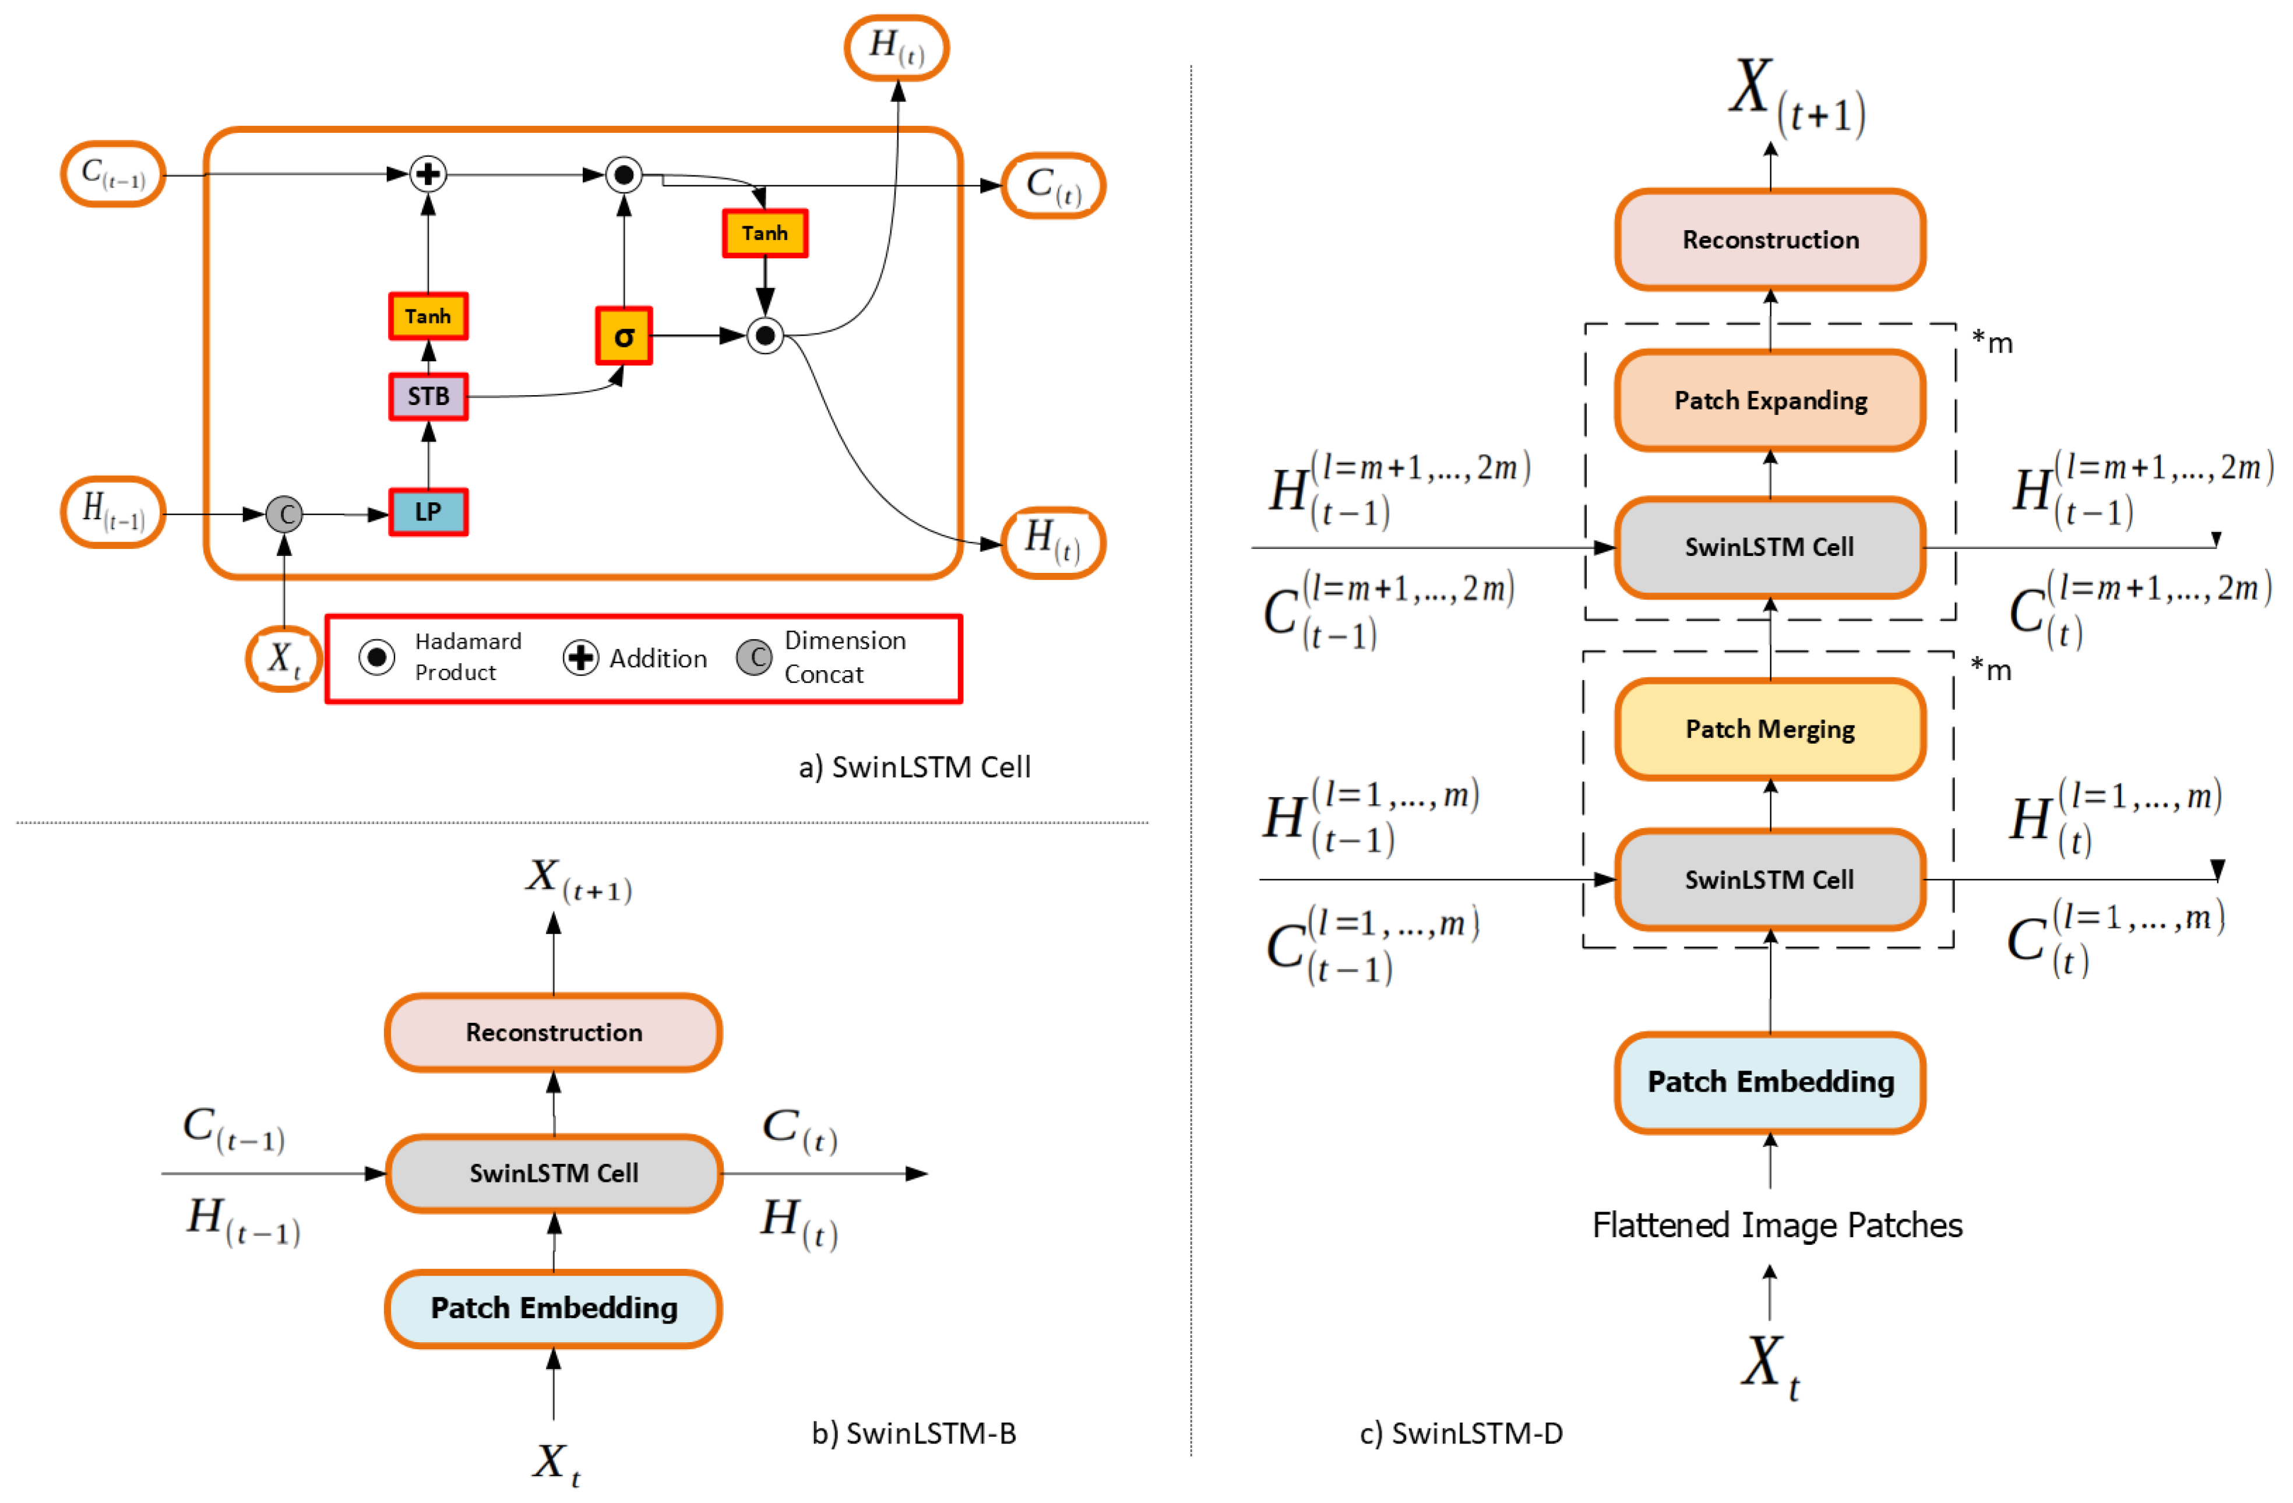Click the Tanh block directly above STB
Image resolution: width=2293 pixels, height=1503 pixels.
(x=428, y=316)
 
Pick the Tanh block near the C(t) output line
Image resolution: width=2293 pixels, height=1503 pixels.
(x=765, y=233)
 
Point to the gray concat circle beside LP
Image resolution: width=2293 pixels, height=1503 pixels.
(x=284, y=515)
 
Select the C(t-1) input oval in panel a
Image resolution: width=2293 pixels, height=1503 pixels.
(x=112, y=174)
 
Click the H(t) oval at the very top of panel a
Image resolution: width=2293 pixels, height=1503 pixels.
(x=896, y=46)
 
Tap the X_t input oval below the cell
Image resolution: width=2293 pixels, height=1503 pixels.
(x=283, y=659)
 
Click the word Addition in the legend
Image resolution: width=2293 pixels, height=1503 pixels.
(x=658, y=659)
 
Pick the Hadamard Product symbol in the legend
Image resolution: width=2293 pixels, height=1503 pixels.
(x=376, y=657)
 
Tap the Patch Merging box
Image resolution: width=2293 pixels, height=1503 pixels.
(x=1769, y=729)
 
